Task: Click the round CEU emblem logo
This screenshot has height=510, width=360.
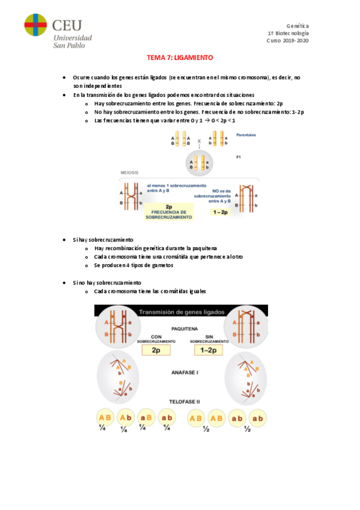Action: pos(35,25)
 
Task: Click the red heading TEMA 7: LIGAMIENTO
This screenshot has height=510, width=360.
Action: pos(180,58)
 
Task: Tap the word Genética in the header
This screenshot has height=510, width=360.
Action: pos(297,26)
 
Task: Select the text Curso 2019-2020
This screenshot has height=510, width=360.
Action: pos(287,41)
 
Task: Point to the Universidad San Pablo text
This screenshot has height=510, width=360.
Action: pos(73,41)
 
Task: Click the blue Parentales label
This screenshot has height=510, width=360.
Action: pos(246,135)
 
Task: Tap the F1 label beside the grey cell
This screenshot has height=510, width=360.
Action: pos(239,157)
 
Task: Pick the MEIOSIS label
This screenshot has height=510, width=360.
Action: pos(129,173)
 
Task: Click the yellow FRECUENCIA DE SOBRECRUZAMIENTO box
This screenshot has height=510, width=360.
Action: pos(169,212)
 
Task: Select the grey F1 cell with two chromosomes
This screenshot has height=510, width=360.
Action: pos(199,163)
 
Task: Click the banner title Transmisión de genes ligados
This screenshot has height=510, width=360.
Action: pos(182,312)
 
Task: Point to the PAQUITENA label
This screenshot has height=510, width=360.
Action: pos(185,329)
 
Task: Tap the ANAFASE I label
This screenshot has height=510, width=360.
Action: pos(185,372)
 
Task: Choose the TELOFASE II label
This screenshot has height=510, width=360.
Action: pos(185,402)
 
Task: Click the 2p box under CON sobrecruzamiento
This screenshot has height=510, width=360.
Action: pos(156,350)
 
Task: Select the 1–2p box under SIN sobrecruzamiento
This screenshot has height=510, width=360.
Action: pos(209,350)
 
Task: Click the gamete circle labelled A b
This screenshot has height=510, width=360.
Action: pos(126,417)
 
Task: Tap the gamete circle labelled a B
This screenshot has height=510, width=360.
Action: pos(146,417)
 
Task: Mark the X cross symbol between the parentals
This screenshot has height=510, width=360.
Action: pos(199,141)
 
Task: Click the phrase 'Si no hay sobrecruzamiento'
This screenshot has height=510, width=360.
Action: pos(107,283)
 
